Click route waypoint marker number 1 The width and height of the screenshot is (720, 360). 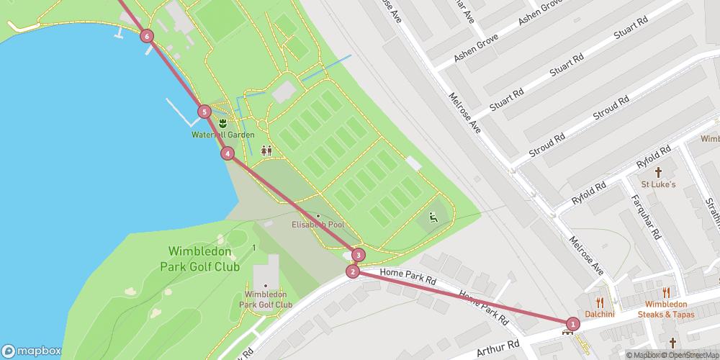[572, 324]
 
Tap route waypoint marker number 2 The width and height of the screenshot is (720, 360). [352, 271]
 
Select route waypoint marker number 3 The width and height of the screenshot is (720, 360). [358, 254]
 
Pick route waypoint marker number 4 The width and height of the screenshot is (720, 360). [228, 153]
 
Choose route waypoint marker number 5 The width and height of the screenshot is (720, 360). [204, 112]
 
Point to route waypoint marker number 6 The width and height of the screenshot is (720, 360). [147, 36]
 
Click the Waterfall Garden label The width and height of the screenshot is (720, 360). [223, 135]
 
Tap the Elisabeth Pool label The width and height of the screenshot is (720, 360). [318, 225]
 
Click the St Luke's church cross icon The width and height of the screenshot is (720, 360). [658, 173]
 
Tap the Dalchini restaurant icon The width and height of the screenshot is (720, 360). [599, 302]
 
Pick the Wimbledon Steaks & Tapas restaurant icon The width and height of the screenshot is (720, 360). [666, 292]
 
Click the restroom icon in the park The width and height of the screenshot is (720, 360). [266, 150]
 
